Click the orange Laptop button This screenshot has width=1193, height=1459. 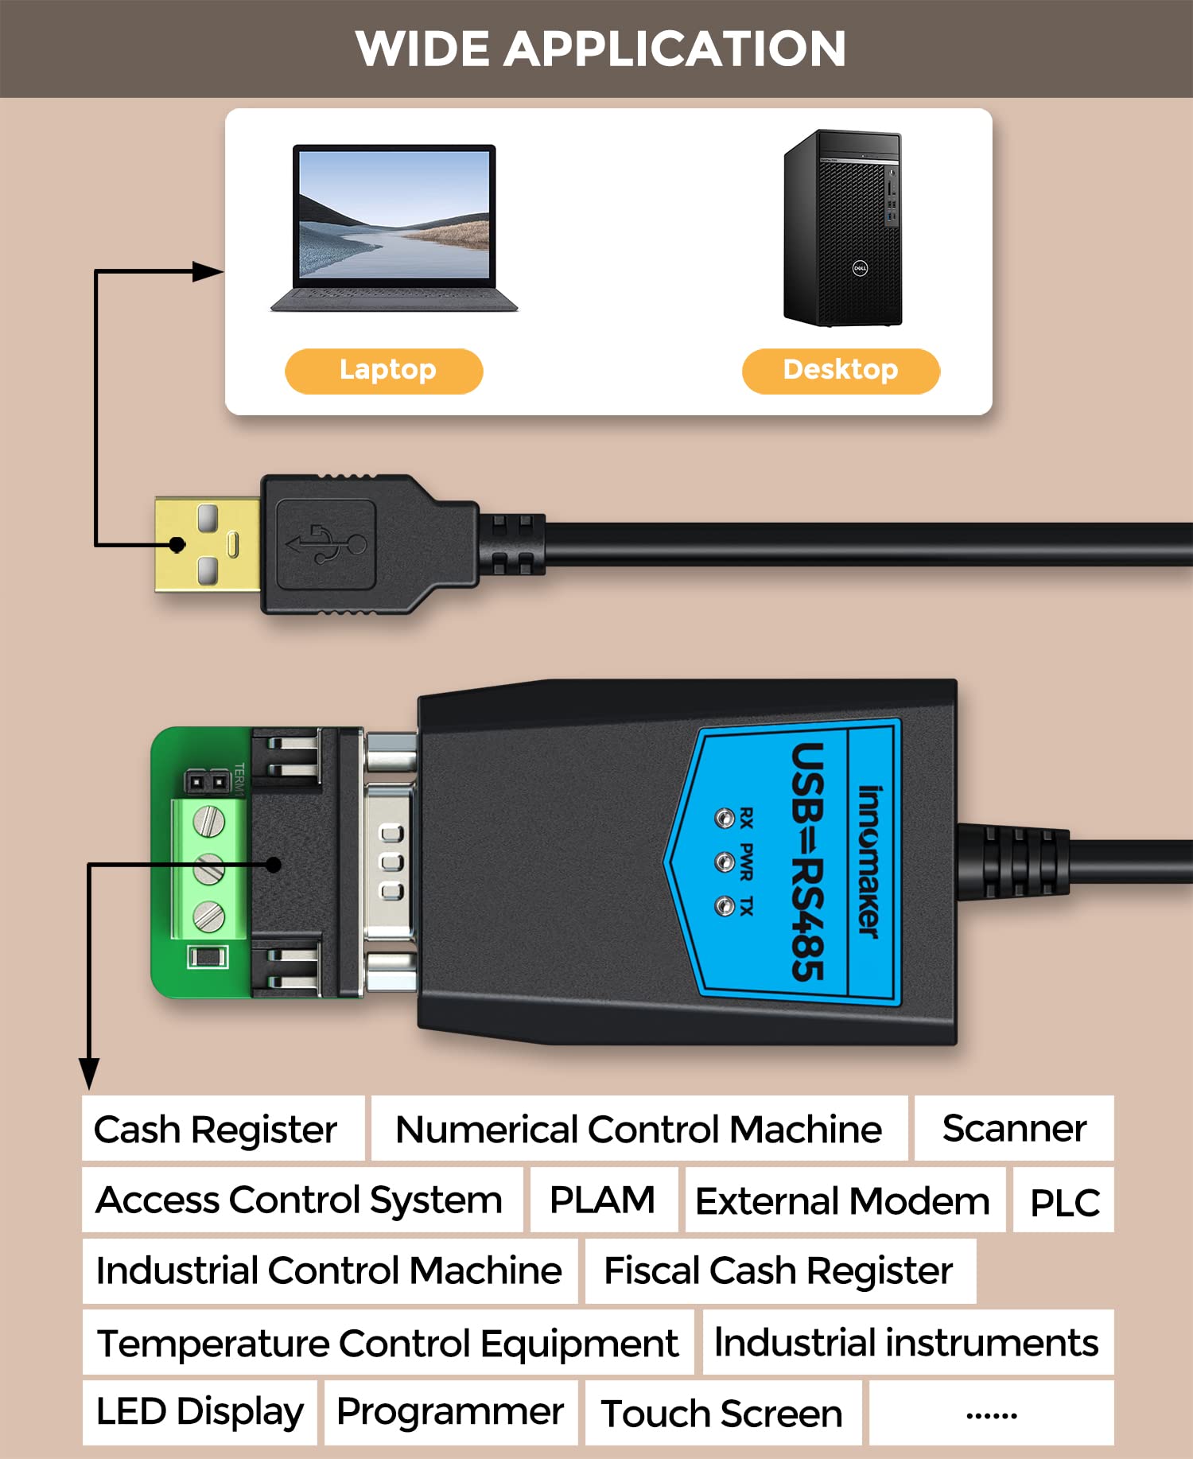coord(384,371)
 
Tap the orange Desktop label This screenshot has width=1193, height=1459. coord(841,371)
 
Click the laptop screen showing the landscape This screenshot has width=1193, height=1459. coord(394,215)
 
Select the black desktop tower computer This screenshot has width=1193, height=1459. coord(843,228)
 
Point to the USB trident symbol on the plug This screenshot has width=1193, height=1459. coord(326,544)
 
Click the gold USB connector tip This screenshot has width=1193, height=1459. coord(207,545)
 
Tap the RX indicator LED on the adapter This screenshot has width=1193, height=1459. coord(724,819)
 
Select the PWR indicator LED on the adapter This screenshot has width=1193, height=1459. coord(724,862)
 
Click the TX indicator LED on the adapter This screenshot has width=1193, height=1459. coord(724,906)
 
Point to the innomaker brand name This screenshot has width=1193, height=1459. coord(869,862)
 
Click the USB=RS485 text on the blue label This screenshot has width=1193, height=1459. coord(808,862)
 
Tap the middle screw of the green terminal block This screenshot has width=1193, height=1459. coord(208,869)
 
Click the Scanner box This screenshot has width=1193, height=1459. coord(1014,1128)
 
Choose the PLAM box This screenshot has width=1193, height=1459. coord(603,1200)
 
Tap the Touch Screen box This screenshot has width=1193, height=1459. coord(722,1414)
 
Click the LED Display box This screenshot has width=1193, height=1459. coord(200,1412)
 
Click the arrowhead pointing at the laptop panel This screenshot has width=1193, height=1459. coord(208,272)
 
